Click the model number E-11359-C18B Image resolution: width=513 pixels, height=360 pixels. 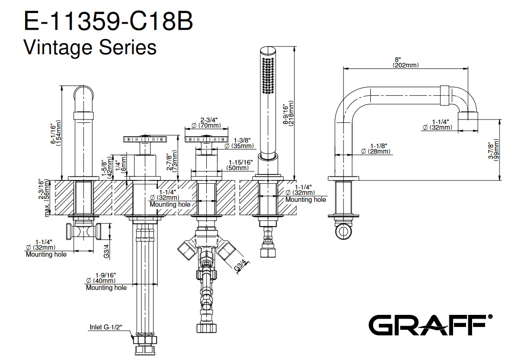[107, 21]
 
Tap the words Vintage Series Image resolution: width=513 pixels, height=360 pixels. [89, 47]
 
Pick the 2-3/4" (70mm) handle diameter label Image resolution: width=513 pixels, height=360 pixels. [206, 122]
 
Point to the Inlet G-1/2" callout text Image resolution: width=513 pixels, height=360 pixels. [105, 327]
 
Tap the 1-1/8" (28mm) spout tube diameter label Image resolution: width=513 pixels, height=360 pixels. [376, 149]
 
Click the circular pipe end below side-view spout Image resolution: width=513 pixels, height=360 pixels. [344, 230]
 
